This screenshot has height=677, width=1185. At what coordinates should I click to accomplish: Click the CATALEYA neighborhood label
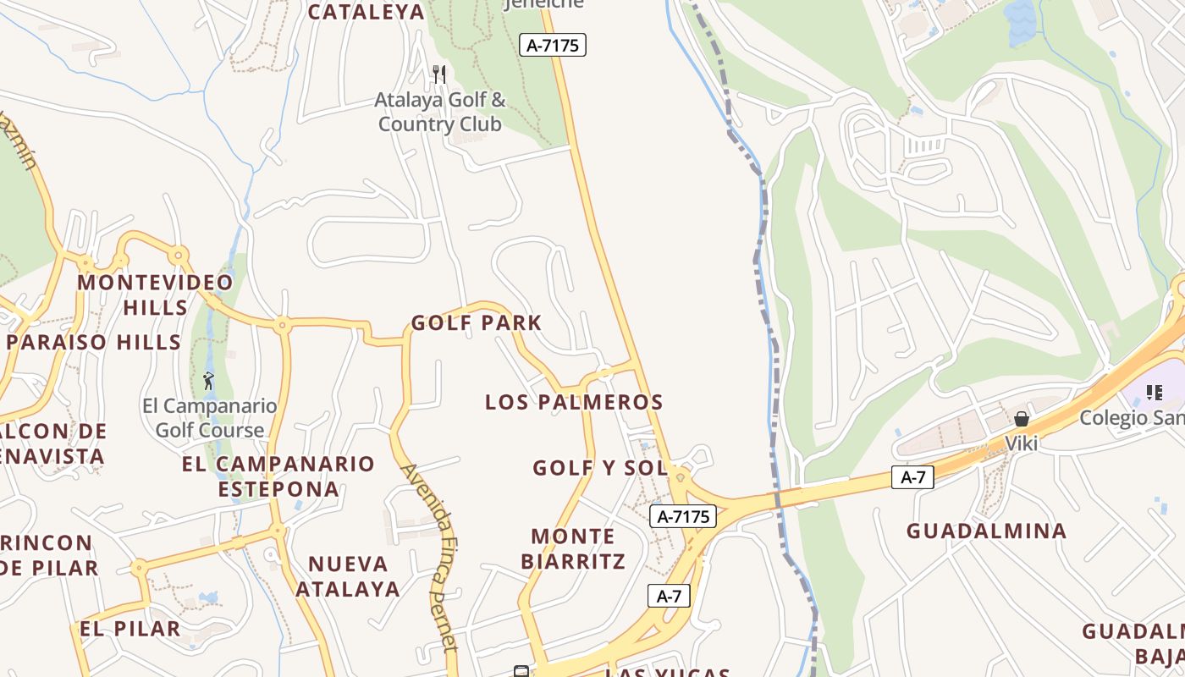click(366, 12)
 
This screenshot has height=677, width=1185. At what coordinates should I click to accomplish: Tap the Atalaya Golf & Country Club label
click(440, 112)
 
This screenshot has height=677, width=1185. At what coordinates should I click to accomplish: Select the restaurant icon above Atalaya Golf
click(438, 74)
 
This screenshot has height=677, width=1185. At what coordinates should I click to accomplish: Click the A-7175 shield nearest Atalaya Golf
click(553, 45)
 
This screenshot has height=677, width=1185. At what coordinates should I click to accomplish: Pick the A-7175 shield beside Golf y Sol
click(683, 515)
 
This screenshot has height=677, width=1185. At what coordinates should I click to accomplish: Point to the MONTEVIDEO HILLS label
click(155, 294)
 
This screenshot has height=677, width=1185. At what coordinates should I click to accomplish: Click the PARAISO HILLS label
click(94, 342)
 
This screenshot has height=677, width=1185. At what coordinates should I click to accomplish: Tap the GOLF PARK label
click(477, 322)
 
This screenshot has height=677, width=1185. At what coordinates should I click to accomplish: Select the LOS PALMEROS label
click(574, 402)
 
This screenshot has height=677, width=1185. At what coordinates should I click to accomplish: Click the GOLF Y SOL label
click(600, 468)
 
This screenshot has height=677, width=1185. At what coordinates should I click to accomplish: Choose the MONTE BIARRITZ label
click(573, 548)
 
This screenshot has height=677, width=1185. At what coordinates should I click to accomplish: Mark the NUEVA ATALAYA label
click(348, 576)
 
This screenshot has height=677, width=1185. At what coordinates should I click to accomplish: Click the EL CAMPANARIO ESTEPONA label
click(278, 476)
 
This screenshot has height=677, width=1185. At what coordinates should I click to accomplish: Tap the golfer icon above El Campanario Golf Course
click(208, 382)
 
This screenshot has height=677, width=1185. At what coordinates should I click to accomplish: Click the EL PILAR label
click(130, 629)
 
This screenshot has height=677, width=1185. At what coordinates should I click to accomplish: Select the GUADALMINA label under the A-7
click(986, 531)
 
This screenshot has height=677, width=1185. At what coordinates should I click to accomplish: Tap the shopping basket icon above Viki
click(1022, 419)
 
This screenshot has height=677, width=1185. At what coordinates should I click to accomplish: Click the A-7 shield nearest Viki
click(912, 477)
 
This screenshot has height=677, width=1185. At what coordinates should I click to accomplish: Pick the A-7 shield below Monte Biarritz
click(669, 596)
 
